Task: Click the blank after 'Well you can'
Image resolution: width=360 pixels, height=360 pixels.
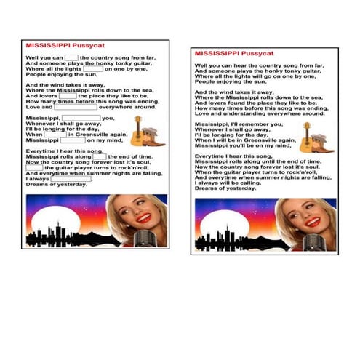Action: coord(71,57)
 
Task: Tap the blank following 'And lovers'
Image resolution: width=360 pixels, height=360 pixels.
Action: coord(68,96)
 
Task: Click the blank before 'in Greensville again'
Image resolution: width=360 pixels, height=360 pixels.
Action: coord(56,135)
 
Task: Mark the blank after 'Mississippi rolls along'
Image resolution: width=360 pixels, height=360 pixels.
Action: coord(100,156)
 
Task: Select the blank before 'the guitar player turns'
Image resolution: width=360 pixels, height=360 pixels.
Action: coord(34,168)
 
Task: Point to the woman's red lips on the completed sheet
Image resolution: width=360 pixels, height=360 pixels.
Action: coord(312,222)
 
